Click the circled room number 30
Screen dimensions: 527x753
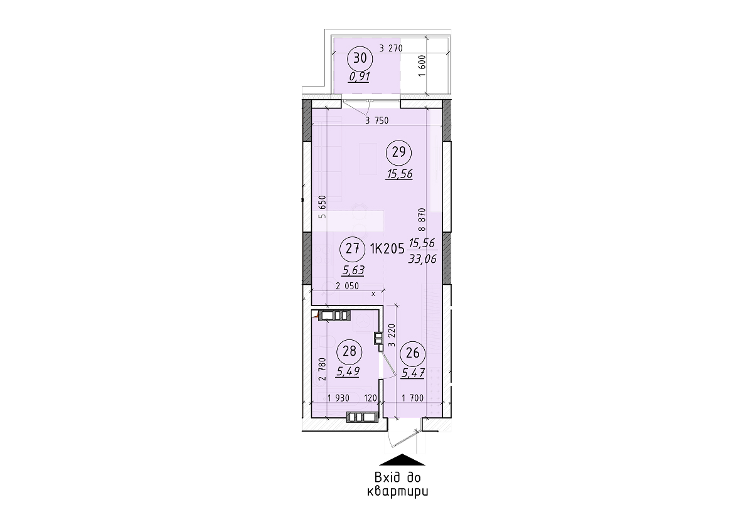(x=360, y=58)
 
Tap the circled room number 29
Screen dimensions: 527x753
(x=400, y=151)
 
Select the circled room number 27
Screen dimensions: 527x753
(x=352, y=248)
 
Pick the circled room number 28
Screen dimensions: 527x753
(x=350, y=351)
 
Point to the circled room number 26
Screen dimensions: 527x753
(x=412, y=353)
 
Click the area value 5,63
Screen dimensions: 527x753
(x=353, y=270)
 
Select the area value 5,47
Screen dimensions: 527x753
(x=413, y=373)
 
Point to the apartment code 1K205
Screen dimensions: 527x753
(x=387, y=249)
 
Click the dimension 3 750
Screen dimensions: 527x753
(x=376, y=122)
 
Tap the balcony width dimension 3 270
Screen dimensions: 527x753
(x=390, y=48)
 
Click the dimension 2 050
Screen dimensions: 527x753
(x=347, y=286)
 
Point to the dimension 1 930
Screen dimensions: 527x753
(x=339, y=398)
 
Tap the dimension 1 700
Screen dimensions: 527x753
(x=412, y=398)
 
